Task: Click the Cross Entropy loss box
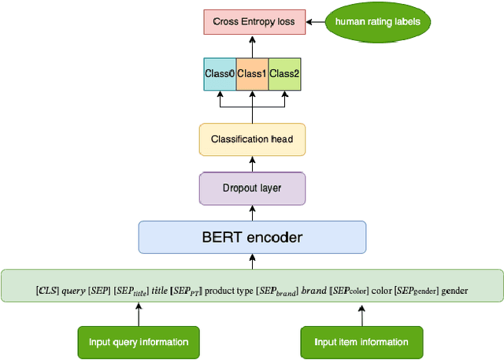(x=252, y=21)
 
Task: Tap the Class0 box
(x=220, y=73)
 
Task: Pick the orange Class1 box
(x=252, y=73)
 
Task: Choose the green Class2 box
(x=285, y=73)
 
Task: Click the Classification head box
(x=252, y=139)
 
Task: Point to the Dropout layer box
(x=252, y=188)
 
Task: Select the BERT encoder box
(x=252, y=236)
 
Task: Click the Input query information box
(x=139, y=342)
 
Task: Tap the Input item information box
(x=362, y=342)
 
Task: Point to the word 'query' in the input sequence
(x=76, y=291)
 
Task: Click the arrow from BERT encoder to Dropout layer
(x=252, y=213)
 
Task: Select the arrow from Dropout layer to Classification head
(x=252, y=164)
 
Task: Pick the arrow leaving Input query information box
(x=139, y=314)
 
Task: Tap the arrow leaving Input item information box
(x=362, y=314)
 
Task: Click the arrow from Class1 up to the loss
(x=252, y=45)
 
